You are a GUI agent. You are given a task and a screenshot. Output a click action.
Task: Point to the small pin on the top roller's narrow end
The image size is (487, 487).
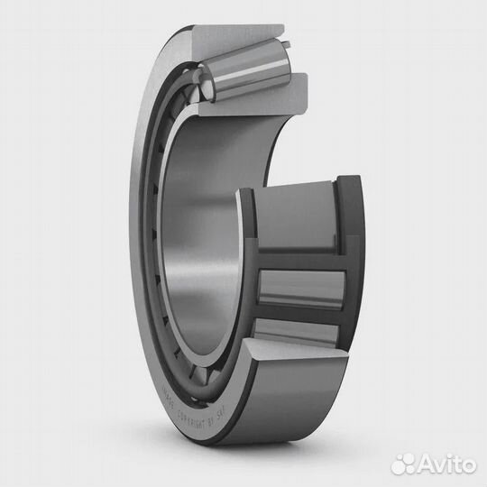click(x=287, y=41)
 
